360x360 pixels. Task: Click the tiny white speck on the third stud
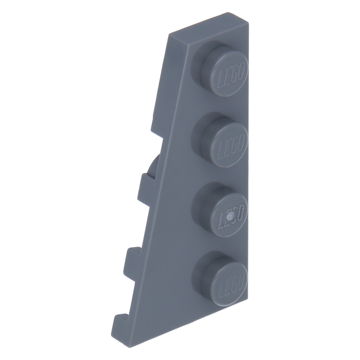(x=230, y=216)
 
